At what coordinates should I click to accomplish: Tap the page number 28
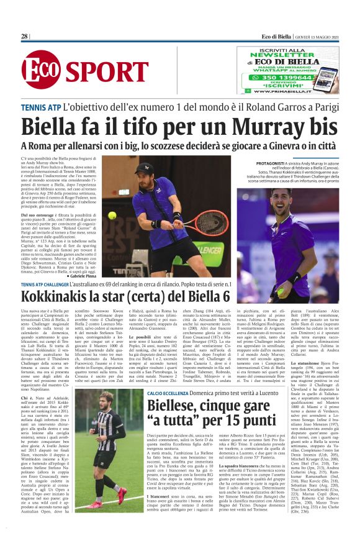point(25,37)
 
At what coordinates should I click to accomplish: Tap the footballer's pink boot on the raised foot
point(122,494)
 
